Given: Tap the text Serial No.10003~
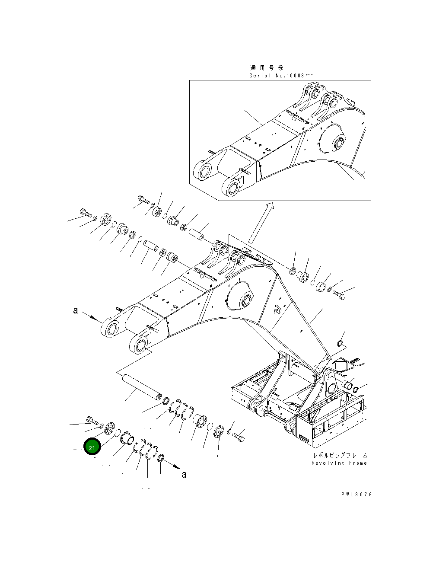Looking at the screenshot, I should click(x=280, y=75).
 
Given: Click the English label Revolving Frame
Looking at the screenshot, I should click(x=339, y=463).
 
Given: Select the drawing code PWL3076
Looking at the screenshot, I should click(x=356, y=495).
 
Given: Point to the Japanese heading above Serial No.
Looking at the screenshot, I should click(x=267, y=67).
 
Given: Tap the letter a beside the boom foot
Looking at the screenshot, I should click(x=76, y=310).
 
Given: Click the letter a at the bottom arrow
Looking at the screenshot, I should click(x=184, y=475).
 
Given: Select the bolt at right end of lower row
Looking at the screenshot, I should click(x=238, y=437).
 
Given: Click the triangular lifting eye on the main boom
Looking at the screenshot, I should click(x=277, y=309).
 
